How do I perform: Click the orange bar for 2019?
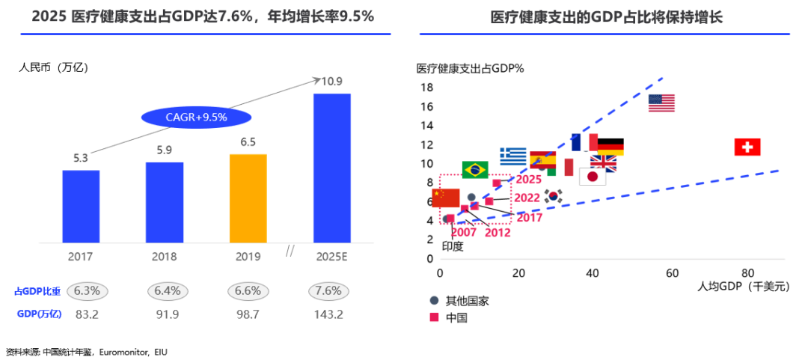pos(248,198)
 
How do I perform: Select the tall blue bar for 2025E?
pos(331,168)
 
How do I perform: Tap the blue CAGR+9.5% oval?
pos(196,117)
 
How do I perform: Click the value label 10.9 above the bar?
pos(332,82)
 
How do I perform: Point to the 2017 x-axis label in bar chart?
pos(81,256)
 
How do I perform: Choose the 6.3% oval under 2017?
pos(88,290)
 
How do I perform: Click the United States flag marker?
pos(661,103)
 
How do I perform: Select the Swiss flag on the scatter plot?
pos(747,147)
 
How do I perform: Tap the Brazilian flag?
pos(475,170)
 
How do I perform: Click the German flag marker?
pos(610,147)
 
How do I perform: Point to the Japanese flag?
pos(593,177)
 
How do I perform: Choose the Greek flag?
pos(513,156)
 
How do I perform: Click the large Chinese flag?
pos(446,198)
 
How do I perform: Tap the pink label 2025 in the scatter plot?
pos(528,180)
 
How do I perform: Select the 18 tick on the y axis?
pos(426,88)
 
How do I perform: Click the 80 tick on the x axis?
pos(747,272)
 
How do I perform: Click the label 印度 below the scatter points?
pos(453,245)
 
